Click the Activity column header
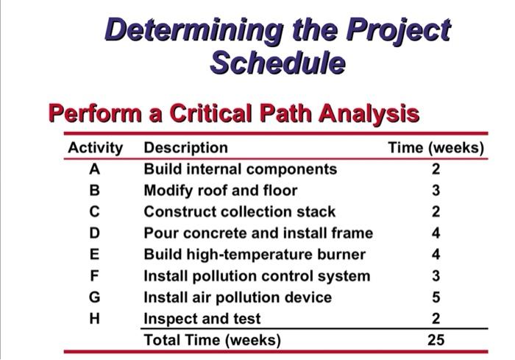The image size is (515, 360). tap(95, 148)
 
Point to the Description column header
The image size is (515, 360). tap(185, 148)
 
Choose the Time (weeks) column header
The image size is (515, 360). tap(436, 148)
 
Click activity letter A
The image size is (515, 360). tap(93, 169)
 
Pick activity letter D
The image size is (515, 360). tap(93, 233)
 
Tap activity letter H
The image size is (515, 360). tap(93, 319)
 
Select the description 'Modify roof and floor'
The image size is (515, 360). tap(220, 191)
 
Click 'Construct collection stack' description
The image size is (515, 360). tap(239, 212)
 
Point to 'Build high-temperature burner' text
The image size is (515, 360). tap(254, 255)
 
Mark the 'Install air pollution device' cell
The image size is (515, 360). tap(237, 297)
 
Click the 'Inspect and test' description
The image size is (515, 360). tap(202, 319)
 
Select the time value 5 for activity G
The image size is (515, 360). tap(436, 297)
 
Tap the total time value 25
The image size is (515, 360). tap(436, 340)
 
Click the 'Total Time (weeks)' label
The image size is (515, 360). tap(212, 340)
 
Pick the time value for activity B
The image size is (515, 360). tap(436, 191)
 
